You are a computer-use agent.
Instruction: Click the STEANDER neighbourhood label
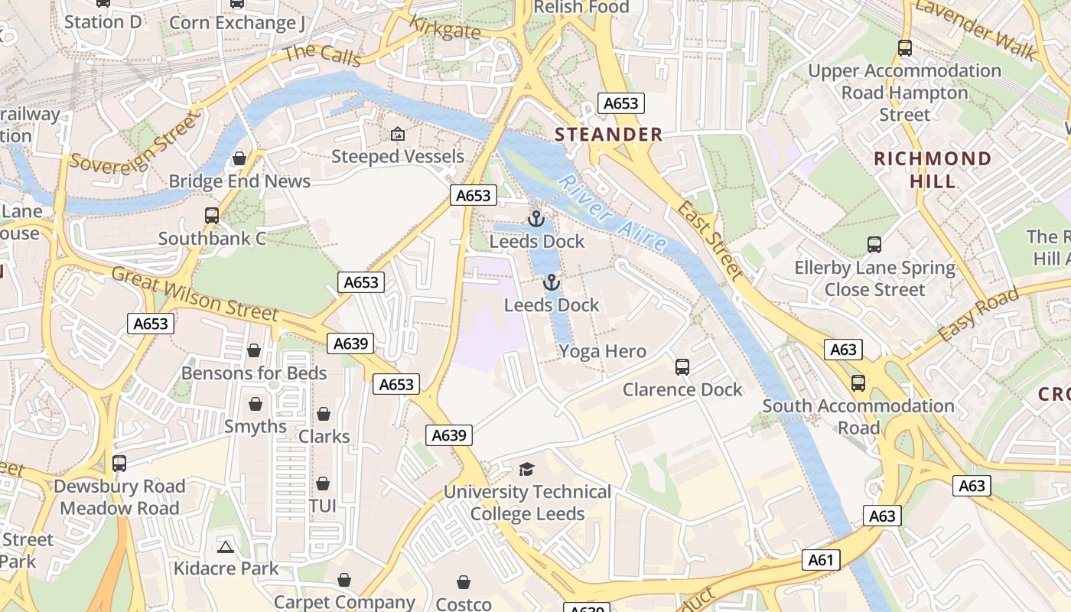coord(608,135)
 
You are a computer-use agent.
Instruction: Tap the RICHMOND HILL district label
coord(933,170)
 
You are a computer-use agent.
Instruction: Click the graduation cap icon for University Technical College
coord(526,469)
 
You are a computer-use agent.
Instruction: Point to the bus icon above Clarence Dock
coord(682,366)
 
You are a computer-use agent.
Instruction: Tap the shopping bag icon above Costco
coord(464,582)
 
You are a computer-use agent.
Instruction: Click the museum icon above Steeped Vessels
coord(397,134)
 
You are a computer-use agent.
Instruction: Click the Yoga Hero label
coord(602,352)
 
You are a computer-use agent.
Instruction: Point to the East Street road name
coord(710,241)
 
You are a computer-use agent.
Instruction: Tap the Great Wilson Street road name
coord(195,294)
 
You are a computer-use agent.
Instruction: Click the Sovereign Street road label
coord(135,142)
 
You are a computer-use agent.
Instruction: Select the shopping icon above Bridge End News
coord(239,158)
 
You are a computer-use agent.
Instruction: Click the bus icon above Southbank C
coord(212,216)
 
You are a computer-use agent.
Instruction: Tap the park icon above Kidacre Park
coord(225,547)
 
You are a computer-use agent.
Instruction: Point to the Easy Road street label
coord(978,314)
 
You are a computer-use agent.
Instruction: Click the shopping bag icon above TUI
coord(323,483)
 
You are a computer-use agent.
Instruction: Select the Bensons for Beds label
coord(253,373)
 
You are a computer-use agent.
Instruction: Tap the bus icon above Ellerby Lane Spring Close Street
coord(874,245)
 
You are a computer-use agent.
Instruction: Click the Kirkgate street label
coord(445,28)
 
